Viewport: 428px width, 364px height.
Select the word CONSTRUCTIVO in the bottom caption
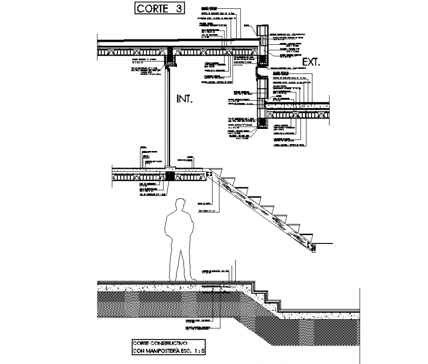(x=173, y=342)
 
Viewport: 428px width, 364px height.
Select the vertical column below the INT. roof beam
(x=168, y=116)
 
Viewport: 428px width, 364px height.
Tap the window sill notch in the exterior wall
(x=259, y=73)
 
